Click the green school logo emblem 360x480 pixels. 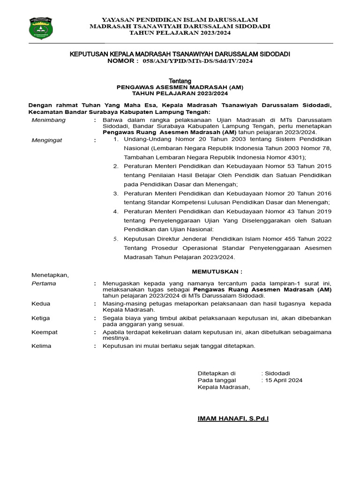click(41, 28)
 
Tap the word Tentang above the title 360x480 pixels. click(180, 81)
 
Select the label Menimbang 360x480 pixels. click(48, 120)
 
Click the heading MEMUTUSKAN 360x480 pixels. click(217, 271)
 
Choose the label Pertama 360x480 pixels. click(44, 284)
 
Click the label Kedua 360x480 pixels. click(41, 304)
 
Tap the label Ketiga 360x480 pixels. click(41, 318)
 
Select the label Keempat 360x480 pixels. click(45, 332)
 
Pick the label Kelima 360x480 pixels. click(42, 346)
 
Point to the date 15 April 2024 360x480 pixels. click(284, 380)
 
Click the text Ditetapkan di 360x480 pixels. click(217, 373)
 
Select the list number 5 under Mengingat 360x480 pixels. click(115, 239)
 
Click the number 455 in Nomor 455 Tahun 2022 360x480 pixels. click(276, 239)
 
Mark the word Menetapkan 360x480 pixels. click(50, 275)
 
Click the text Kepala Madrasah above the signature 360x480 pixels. click(224, 387)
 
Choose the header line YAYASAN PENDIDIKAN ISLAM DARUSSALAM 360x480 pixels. click(180, 19)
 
